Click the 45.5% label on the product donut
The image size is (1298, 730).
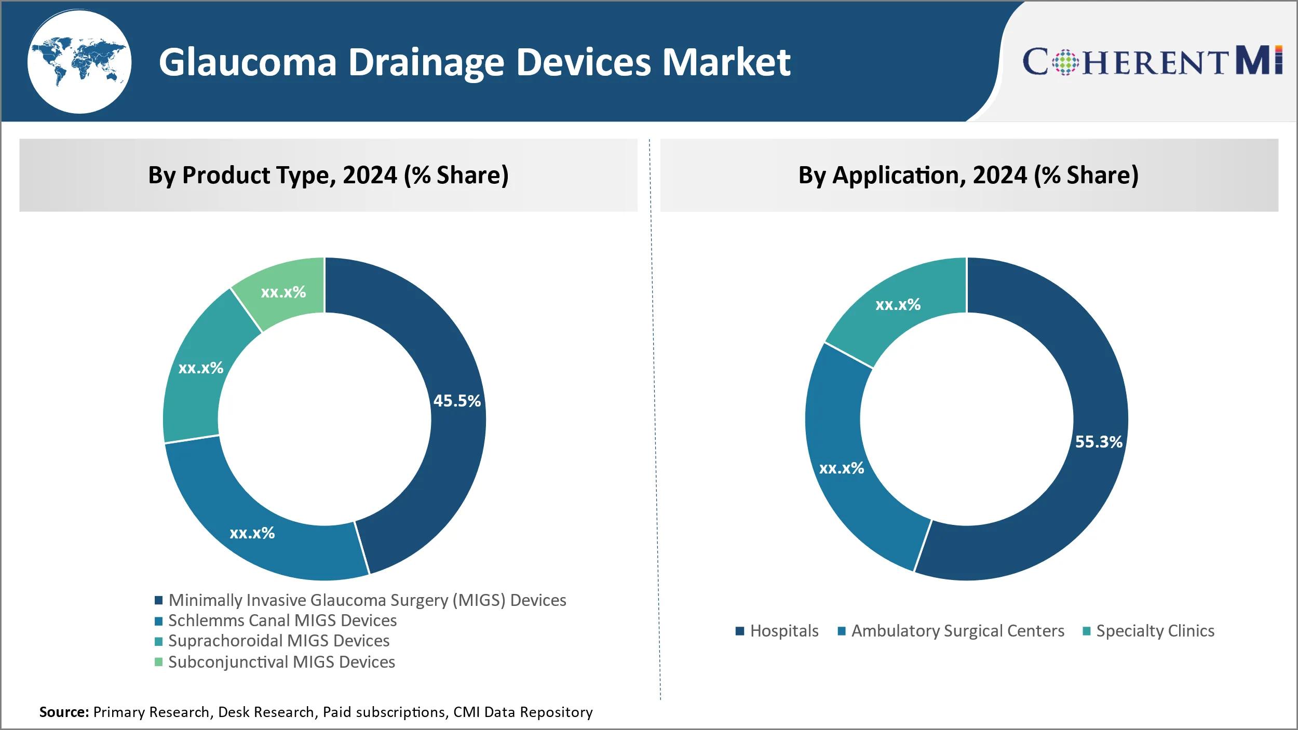click(457, 401)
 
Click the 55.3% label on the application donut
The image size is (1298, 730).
click(1099, 442)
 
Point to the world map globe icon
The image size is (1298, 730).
click(79, 62)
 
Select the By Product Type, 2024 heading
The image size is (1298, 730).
click(328, 175)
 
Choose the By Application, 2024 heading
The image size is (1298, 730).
click(968, 175)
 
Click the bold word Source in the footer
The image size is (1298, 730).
click(64, 712)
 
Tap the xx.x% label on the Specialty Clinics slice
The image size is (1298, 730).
click(898, 305)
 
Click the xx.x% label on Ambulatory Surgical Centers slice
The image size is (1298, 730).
click(841, 468)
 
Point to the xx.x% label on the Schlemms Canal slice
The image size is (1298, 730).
click(252, 533)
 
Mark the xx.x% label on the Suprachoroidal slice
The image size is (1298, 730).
click(200, 368)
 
